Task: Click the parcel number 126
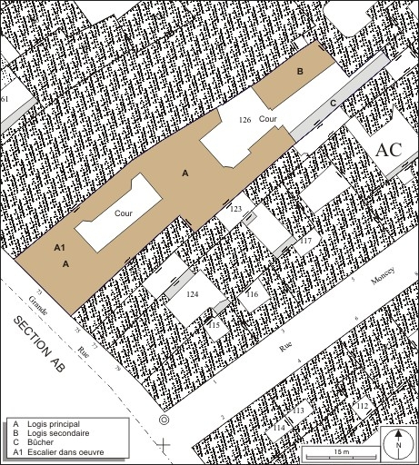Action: [244, 120]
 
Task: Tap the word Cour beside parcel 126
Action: [267, 119]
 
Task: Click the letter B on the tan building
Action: [299, 71]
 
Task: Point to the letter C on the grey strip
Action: [333, 104]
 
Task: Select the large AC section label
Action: [389, 150]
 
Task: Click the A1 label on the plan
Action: [60, 247]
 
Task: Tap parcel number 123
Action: [235, 209]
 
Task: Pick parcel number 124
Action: [192, 294]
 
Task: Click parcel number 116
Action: [252, 294]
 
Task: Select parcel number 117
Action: [306, 241]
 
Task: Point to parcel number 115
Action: [214, 324]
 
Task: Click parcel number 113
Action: [297, 411]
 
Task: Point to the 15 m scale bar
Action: [340, 452]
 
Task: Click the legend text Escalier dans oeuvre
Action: [65, 453]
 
